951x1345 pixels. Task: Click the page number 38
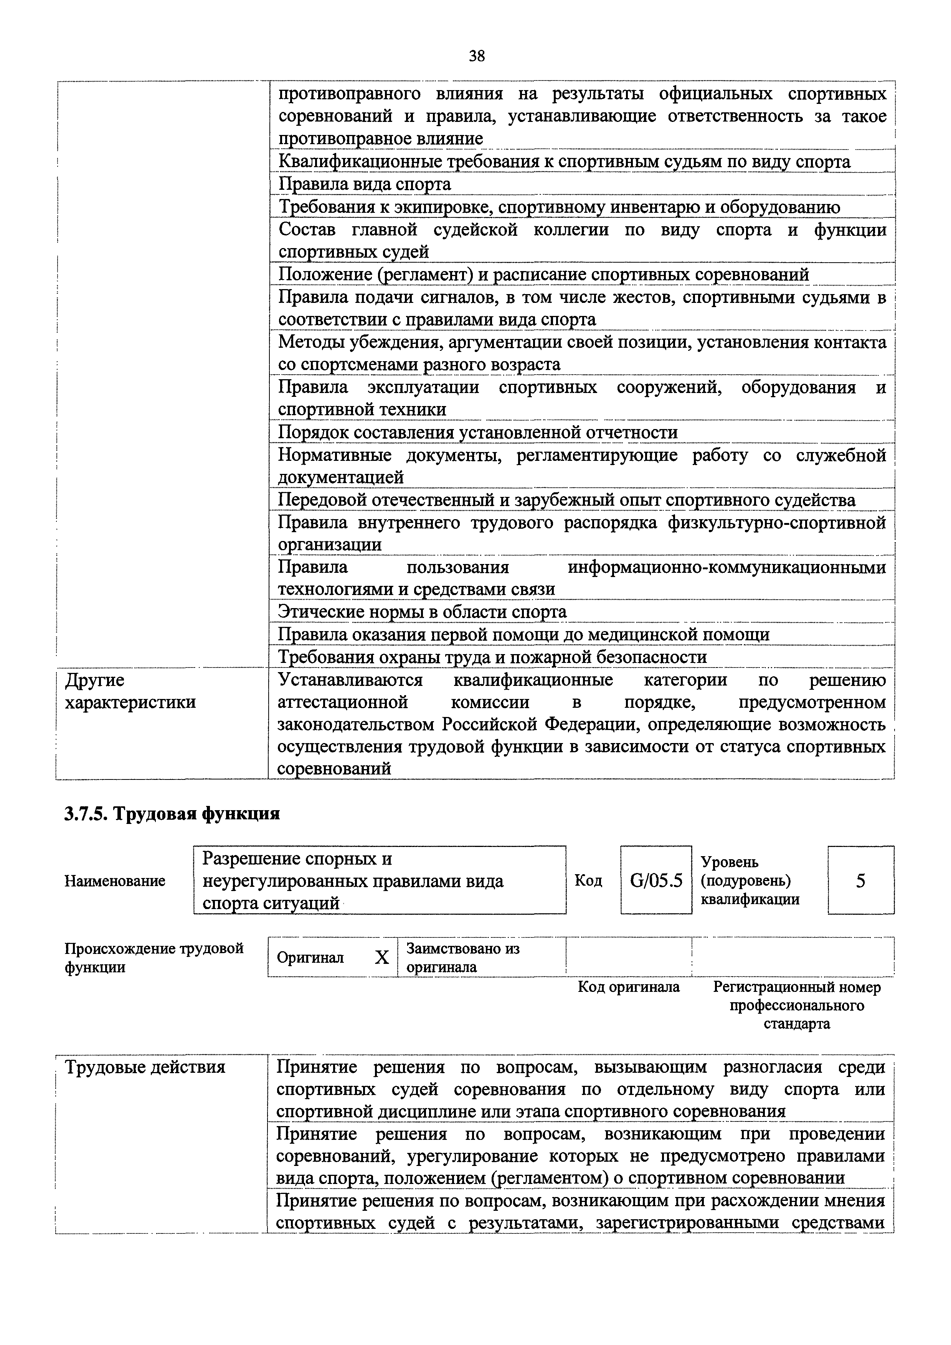(x=477, y=56)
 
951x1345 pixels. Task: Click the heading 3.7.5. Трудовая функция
(x=172, y=814)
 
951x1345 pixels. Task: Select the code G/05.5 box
(x=656, y=880)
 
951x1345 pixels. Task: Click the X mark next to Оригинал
(x=382, y=958)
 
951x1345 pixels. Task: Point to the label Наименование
(x=115, y=881)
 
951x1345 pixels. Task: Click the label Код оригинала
(x=629, y=987)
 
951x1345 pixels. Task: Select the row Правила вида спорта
(x=364, y=184)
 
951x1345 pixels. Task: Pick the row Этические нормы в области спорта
(x=422, y=612)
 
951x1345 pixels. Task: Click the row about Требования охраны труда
(x=492, y=657)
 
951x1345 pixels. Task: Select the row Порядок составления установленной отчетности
(x=477, y=433)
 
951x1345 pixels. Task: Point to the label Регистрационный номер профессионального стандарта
(x=796, y=1005)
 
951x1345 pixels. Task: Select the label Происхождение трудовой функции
(x=154, y=958)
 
